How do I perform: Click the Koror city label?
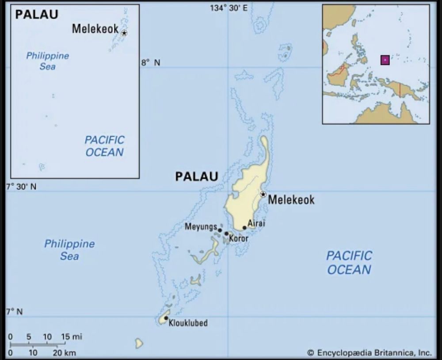click(239, 239)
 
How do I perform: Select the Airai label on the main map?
click(256, 223)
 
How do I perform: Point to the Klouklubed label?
click(188, 323)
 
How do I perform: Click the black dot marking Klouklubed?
click(166, 318)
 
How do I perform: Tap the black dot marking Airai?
click(244, 228)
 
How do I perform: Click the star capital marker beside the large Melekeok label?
click(263, 194)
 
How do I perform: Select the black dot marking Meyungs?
click(220, 230)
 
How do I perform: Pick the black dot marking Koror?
click(226, 234)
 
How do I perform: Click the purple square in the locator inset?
click(385, 60)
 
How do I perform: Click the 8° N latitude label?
click(151, 63)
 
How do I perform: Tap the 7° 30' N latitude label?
click(21, 187)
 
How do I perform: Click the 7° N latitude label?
click(14, 312)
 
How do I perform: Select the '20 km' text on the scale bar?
click(65, 352)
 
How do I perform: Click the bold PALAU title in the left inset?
click(37, 15)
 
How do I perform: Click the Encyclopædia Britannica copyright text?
click(369, 352)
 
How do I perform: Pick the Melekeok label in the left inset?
click(95, 29)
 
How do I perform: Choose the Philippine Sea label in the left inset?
click(48, 61)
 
